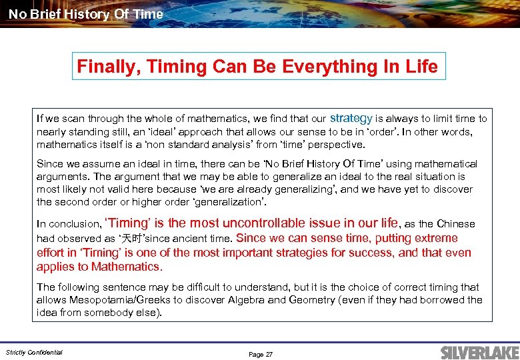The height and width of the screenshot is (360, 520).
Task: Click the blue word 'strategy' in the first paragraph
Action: (351, 118)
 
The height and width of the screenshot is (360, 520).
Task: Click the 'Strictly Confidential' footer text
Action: (34, 352)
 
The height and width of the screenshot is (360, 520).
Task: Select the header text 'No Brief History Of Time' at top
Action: (85, 13)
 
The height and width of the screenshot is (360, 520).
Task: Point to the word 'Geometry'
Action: (313, 300)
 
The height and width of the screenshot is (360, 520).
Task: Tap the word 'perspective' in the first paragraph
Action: (336, 144)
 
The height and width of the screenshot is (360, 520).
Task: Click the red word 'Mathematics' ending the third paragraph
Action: (127, 267)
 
